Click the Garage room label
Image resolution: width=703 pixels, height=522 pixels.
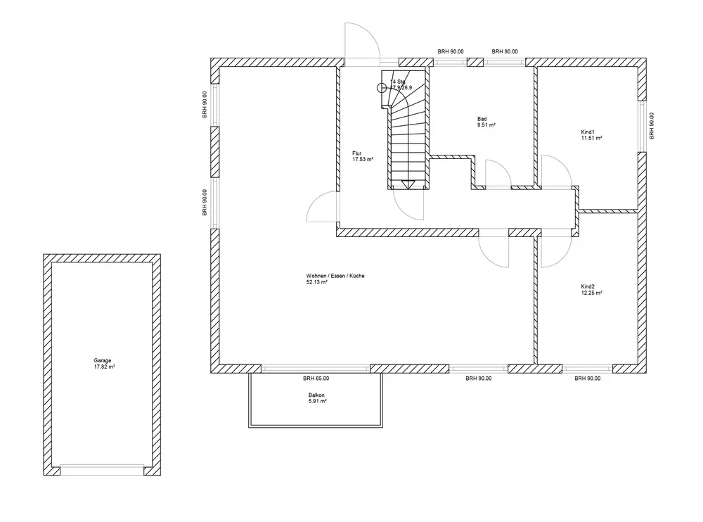[102, 360]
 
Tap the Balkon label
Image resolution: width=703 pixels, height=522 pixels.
[316, 395]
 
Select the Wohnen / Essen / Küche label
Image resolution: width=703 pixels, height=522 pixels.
[335, 275]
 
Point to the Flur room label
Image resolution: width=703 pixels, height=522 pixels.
[357, 153]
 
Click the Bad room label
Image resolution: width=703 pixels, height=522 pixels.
[482, 119]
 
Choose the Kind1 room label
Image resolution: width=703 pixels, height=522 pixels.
[588, 132]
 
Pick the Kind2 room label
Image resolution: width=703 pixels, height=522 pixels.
[588, 286]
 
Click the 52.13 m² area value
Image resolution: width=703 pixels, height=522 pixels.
[316, 282]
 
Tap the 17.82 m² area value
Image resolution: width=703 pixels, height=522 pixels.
[105, 367]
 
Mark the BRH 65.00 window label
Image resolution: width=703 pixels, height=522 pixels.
[316, 378]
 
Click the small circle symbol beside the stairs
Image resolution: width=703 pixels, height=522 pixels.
[382, 88]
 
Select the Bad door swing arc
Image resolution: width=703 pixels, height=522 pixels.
[498, 174]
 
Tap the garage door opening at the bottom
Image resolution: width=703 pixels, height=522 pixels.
[102, 469]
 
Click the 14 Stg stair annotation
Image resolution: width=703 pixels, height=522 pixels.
[398, 82]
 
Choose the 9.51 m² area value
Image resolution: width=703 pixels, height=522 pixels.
[486, 126]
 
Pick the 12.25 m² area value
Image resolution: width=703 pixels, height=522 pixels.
[591, 293]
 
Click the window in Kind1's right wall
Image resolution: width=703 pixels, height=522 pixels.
[642, 125]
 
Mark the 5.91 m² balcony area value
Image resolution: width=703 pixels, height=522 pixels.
[317, 402]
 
